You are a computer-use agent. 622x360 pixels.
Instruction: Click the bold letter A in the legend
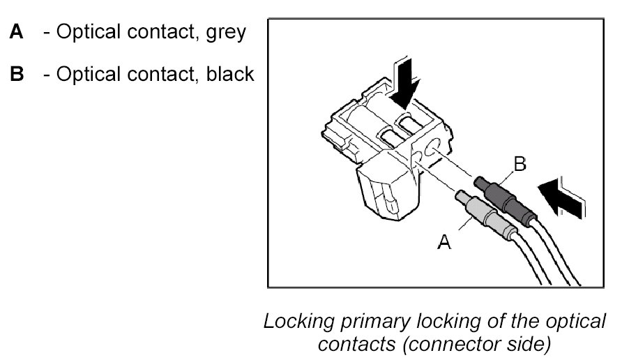[17, 32]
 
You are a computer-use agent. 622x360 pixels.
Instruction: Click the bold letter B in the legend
[17, 74]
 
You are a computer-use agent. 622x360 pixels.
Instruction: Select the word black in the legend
[230, 74]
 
